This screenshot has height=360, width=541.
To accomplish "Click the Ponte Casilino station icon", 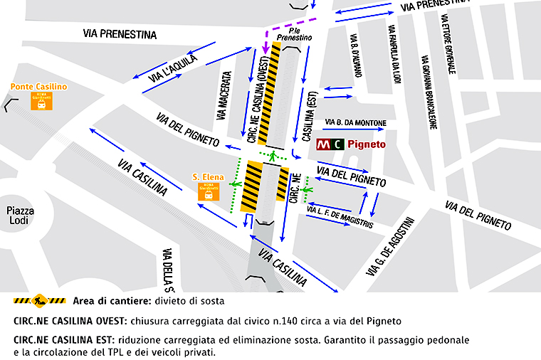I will [x=39, y=102].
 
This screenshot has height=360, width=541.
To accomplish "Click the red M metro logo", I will [x=324, y=145].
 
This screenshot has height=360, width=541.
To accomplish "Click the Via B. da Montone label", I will [x=355, y=123].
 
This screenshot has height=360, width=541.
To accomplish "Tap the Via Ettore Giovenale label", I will [x=448, y=43].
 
